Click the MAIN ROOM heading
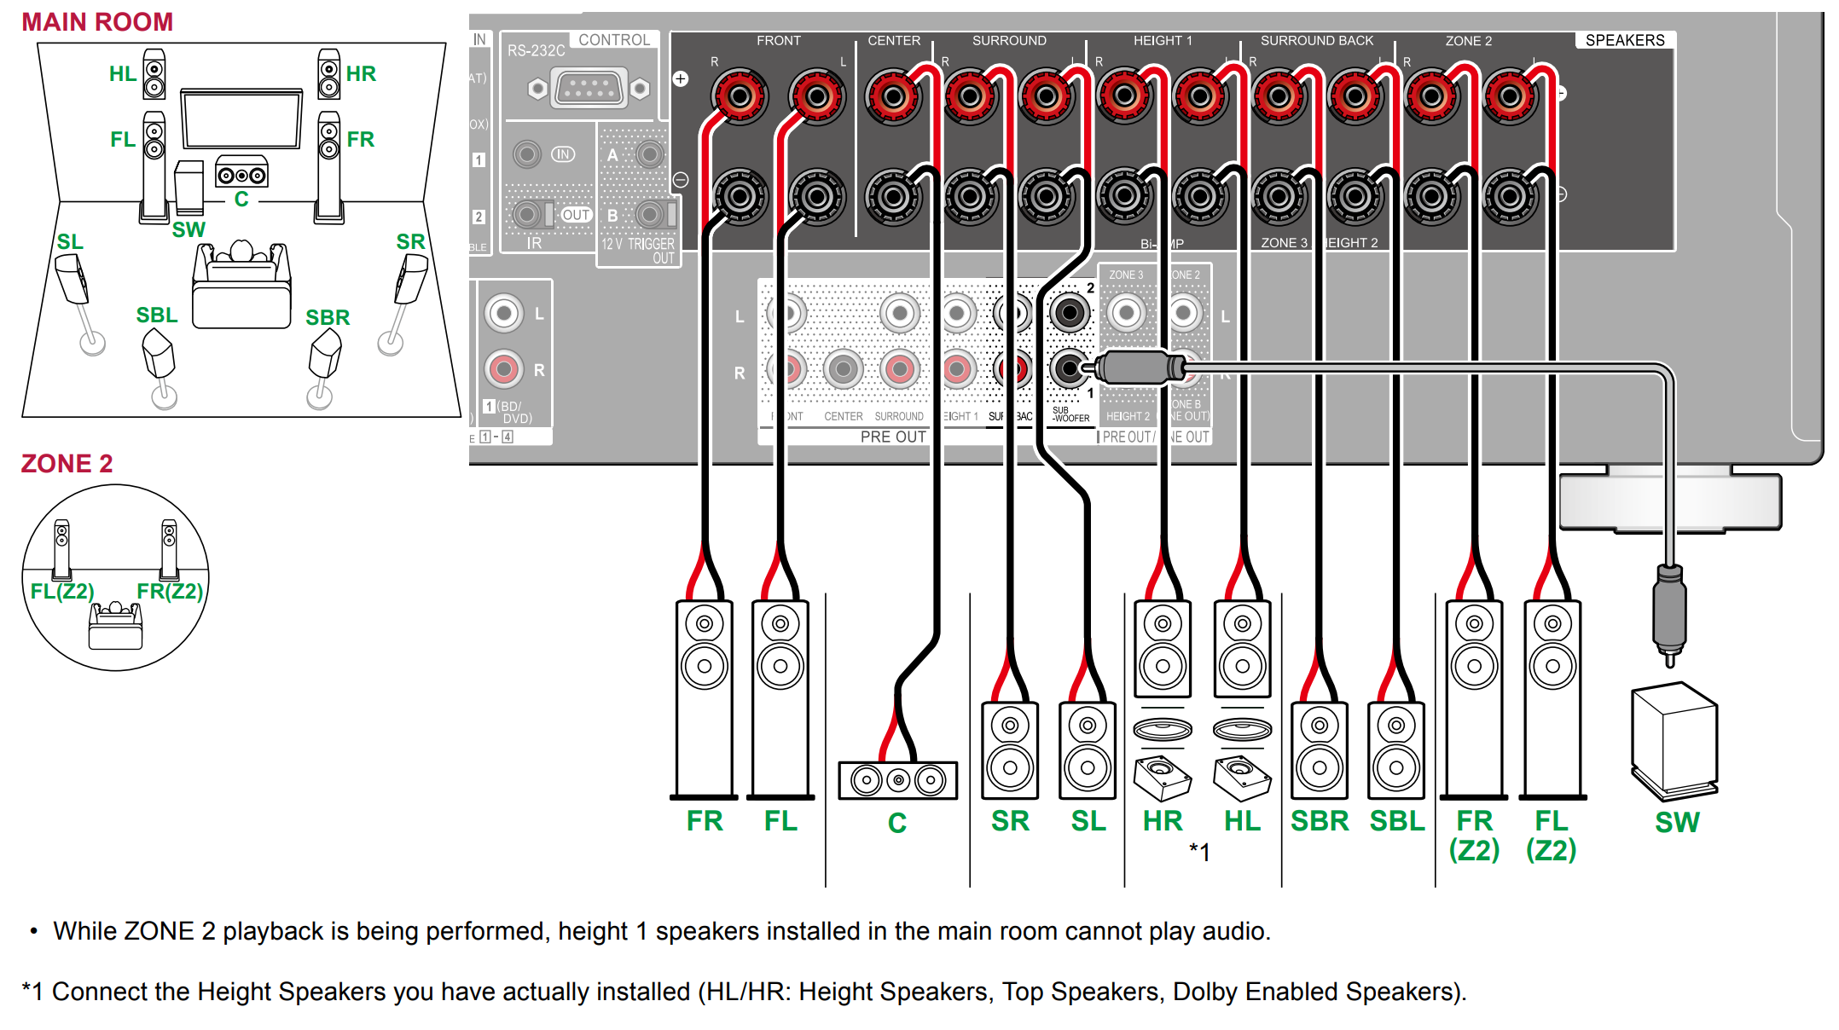[97, 22]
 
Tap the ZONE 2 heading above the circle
[67, 464]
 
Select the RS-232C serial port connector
[589, 88]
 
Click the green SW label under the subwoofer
[1677, 823]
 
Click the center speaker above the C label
[897, 779]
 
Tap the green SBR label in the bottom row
[1319, 821]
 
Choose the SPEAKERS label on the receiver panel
[1624, 40]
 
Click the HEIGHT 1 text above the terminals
[1162, 40]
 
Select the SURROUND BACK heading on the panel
[1316, 40]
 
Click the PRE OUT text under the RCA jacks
[892, 437]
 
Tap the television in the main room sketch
[242, 119]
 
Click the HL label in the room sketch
[123, 74]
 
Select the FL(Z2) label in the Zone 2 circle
[62, 591]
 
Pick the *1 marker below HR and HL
[1199, 851]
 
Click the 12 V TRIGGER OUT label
[638, 251]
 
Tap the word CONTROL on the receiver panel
[614, 40]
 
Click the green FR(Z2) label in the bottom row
[1474, 835]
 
